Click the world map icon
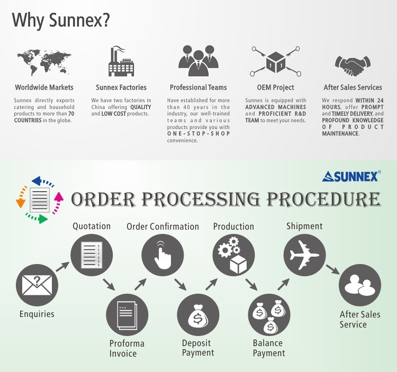click(44, 62)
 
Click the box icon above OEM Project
click(275, 62)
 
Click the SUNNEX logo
click(351, 176)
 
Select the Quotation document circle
click(92, 254)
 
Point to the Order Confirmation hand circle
click(163, 255)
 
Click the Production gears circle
click(233, 255)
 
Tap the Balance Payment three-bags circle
click(269, 315)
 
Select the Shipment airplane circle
click(304, 255)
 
